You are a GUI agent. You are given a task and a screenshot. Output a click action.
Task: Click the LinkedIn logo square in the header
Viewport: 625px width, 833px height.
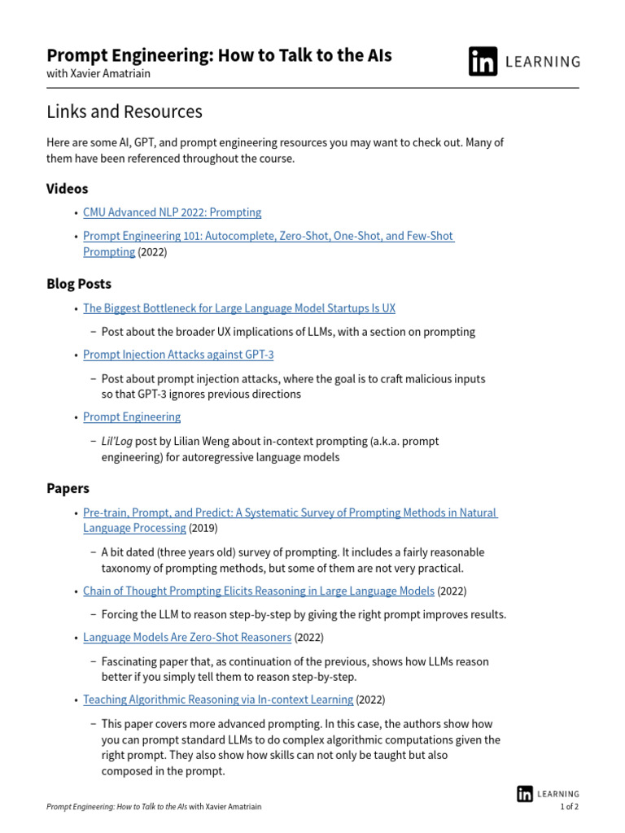[483, 62]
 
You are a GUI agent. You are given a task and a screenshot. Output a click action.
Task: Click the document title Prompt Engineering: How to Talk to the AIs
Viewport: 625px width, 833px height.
[219, 55]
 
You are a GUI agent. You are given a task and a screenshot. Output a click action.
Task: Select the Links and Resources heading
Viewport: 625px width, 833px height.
[124, 111]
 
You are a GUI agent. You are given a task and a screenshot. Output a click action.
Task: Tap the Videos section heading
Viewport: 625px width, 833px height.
[67, 189]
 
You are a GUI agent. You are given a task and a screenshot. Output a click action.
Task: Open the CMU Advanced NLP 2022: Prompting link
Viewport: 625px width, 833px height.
[172, 212]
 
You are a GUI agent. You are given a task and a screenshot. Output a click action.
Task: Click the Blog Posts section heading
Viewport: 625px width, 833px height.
[78, 284]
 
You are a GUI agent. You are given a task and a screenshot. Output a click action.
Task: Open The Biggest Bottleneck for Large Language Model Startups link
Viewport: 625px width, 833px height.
[238, 308]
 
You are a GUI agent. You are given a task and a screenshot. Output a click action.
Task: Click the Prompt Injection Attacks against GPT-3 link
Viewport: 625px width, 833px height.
[178, 355]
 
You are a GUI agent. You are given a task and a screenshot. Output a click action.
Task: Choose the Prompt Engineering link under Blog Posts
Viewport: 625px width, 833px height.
[132, 416]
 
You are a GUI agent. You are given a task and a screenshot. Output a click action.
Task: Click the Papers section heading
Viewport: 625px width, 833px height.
[68, 489]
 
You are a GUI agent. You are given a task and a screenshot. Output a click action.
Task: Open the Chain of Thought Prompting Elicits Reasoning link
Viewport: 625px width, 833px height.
[258, 591]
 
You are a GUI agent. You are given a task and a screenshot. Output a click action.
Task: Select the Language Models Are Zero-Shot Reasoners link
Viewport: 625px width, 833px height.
[187, 637]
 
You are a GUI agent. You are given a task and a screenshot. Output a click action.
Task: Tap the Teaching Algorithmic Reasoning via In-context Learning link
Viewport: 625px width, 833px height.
[218, 700]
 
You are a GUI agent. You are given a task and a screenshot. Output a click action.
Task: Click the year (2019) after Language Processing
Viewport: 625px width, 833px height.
[203, 528]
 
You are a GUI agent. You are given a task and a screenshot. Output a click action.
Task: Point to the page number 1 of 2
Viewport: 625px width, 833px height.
[569, 807]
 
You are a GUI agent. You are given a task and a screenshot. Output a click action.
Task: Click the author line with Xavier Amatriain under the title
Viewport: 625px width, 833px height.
[98, 73]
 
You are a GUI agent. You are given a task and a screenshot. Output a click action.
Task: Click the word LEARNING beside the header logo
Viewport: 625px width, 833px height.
[543, 62]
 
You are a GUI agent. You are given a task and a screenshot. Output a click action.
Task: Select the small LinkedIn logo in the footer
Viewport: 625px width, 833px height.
[525, 794]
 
